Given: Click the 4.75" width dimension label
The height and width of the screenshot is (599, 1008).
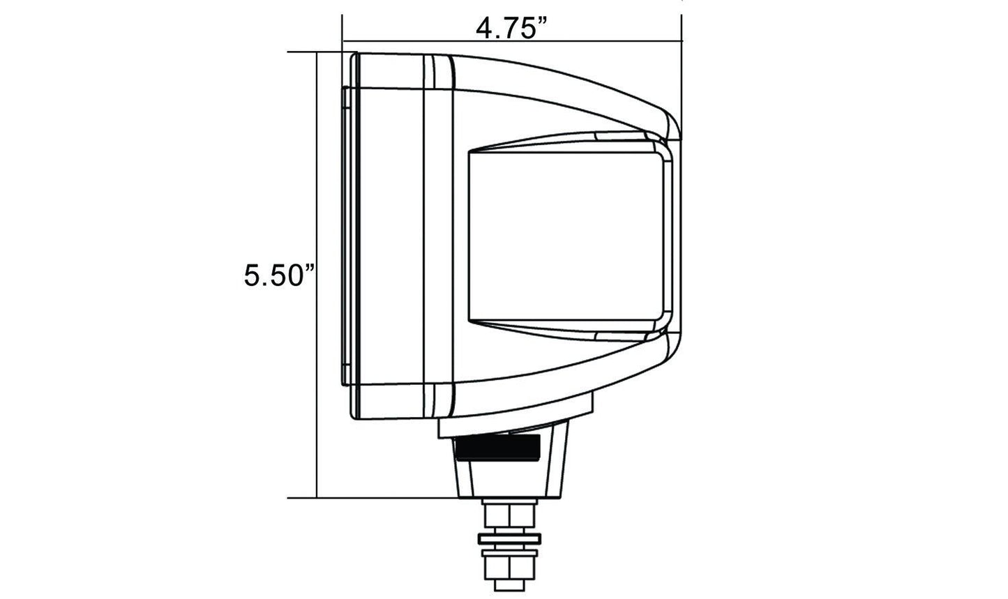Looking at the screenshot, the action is point(511,29).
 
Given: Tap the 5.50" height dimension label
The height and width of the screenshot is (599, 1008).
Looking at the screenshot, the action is point(279,275).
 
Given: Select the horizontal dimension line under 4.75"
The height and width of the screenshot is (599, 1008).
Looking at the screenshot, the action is point(512,41).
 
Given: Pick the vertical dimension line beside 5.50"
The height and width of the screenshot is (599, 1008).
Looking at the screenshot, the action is point(317,275).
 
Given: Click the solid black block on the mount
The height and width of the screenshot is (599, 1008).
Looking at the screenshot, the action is point(497,447).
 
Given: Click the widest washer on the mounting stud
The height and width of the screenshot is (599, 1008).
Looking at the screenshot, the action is point(509,539).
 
